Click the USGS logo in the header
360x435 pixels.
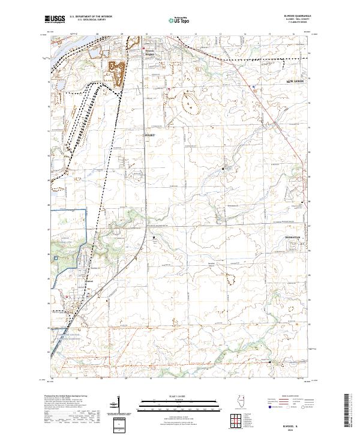click(55, 20)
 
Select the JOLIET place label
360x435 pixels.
click(150, 136)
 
